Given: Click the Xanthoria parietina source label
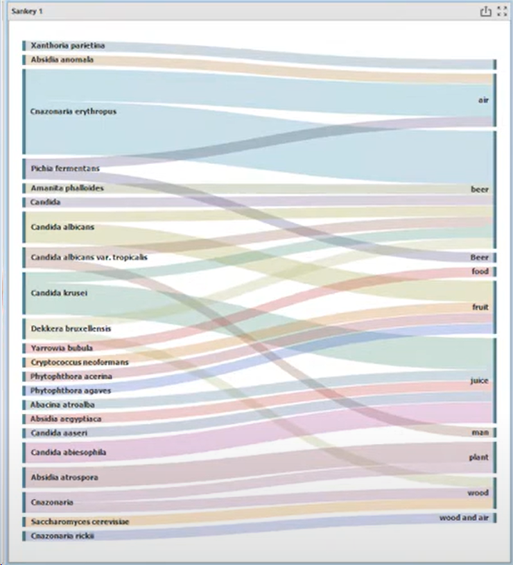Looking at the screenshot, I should point(67,46).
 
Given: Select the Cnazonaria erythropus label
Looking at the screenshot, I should point(73,112).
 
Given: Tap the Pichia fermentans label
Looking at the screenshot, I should point(65,169).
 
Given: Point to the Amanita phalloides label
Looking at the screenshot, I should point(67,189).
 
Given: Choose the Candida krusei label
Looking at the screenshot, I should point(58,293).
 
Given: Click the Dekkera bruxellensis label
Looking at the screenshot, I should point(71,328).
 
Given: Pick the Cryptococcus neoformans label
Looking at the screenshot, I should point(80,362).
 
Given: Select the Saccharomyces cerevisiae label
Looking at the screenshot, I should point(80,522).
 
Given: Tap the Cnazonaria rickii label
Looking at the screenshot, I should point(62,536).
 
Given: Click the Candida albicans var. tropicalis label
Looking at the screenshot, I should point(89,257).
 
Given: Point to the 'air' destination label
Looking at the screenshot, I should point(483,101).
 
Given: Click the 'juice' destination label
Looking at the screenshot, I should point(479,381).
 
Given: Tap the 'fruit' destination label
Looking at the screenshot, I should point(480,307).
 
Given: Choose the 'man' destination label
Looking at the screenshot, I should point(480,433).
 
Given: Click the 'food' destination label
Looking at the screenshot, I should point(480,272).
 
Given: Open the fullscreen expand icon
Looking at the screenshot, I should point(502,12).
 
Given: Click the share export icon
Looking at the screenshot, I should point(485,12).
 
